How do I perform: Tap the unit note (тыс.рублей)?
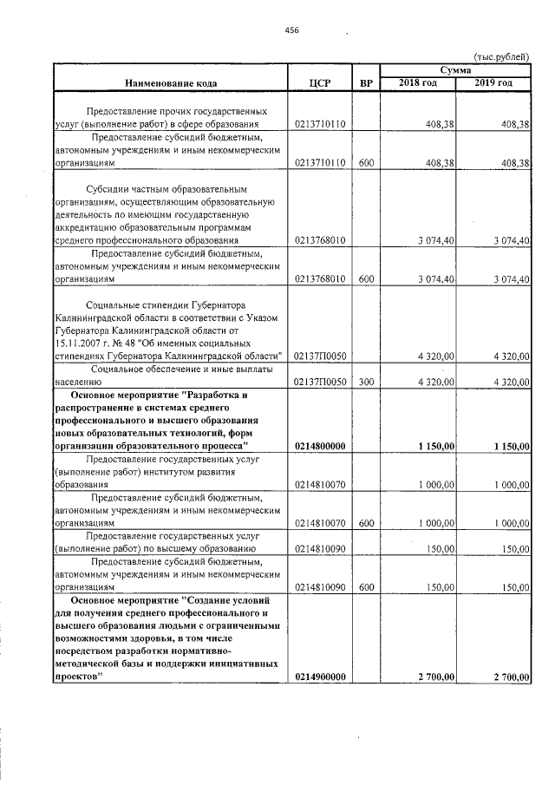(502, 55)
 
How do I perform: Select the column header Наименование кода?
(171, 83)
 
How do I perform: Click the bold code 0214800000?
(321, 447)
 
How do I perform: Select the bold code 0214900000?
(321, 677)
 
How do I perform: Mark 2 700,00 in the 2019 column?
(511, 677)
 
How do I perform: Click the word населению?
(79, 382)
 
